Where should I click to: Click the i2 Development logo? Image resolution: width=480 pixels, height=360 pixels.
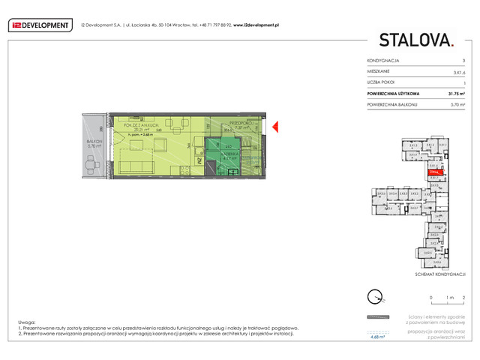(x=41, y=25)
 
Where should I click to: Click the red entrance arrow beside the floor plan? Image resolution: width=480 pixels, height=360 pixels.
(x=275, y=127)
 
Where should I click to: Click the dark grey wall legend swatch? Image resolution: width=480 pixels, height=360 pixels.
(x=379, y=316)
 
